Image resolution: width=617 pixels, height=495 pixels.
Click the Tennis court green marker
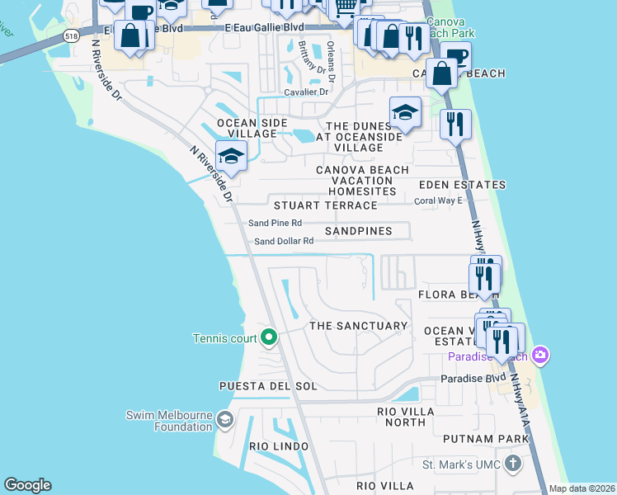[268, 337]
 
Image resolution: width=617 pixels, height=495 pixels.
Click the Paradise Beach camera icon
[540, 356]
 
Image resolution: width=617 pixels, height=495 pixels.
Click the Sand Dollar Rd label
[284, 241]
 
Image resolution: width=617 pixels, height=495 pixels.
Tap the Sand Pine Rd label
[276, 223]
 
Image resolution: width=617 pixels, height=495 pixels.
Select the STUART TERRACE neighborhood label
[325, 205]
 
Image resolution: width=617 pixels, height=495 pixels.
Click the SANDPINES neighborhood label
[358, 231]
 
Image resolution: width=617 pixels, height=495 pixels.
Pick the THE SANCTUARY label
[358, 326]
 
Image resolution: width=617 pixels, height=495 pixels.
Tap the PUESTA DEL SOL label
[268, 386]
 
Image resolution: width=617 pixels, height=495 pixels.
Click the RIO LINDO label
[279, 446]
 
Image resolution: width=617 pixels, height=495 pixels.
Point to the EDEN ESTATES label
[462, 185]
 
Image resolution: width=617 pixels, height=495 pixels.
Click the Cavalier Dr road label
[306, 92]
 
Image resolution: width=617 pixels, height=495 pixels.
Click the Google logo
[27, 485]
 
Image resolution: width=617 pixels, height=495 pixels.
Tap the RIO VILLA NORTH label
[401, 417]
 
